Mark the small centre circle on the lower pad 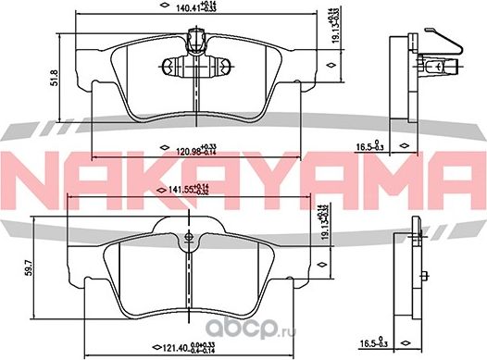[188, 244]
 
